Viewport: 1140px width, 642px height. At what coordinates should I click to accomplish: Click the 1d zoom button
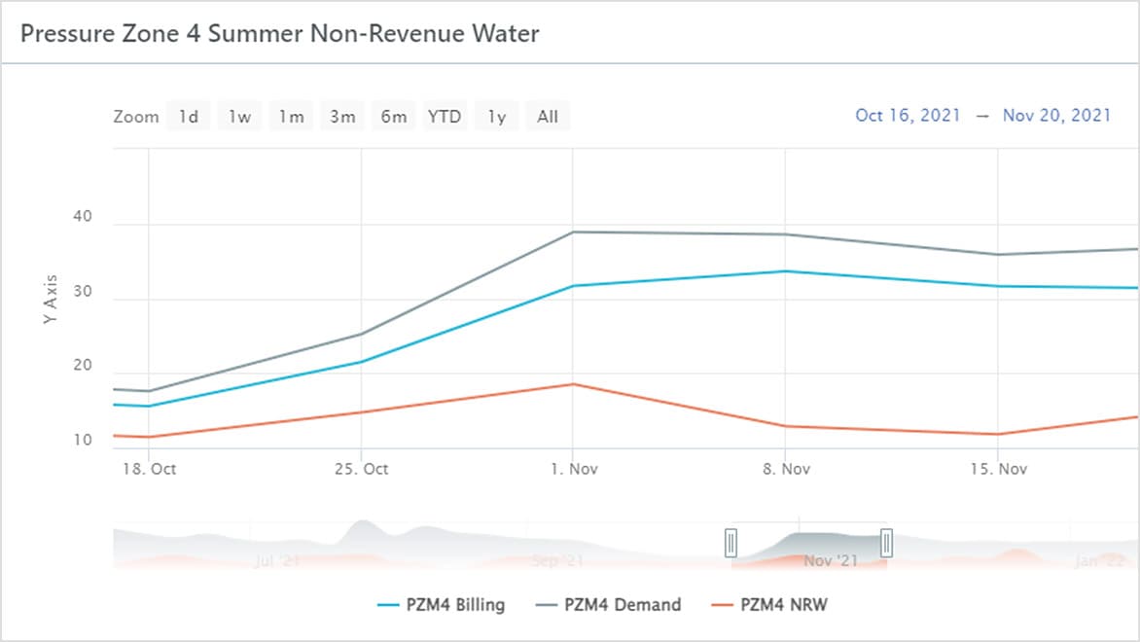pos(188,117)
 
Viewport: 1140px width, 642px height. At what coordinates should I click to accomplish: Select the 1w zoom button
pos(239,117)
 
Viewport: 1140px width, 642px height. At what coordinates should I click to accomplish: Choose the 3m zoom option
pos(342,117)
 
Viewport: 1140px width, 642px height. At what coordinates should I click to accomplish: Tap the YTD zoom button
pos(445,117)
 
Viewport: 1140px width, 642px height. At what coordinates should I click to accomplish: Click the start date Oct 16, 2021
pos(908,115)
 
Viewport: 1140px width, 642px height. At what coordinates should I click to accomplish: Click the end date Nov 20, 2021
pos(1056,115)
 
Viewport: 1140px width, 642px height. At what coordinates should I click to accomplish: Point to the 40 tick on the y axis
pos(82,217)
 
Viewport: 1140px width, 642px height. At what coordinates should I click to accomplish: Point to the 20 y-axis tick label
pos(82,366)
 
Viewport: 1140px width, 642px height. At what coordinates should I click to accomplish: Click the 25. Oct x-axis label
pos(361,469)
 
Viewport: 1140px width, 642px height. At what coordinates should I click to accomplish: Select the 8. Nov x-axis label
pos(786,469)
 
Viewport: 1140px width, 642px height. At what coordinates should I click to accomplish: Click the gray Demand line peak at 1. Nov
pos(573,232)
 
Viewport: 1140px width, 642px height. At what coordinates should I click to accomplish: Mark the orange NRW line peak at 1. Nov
pos(573,384)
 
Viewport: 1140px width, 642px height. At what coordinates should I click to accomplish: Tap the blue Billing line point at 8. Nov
pos(786,271)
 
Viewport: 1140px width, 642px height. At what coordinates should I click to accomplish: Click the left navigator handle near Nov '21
pos(731,542)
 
